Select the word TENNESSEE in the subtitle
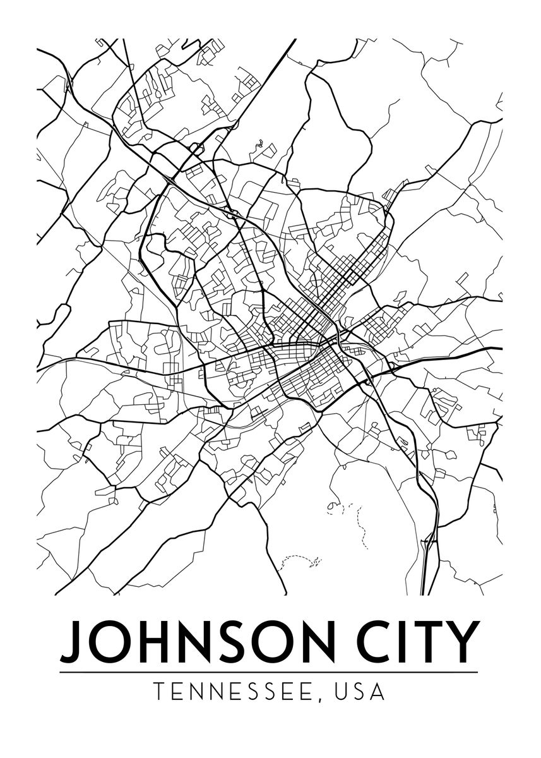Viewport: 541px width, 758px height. [237, 691]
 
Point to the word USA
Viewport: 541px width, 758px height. [360, 691]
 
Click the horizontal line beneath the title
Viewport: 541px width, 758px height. [269, 672]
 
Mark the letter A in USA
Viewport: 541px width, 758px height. [378, 691]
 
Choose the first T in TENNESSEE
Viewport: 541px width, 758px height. [160, 691]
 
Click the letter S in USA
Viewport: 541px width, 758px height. [360, 691]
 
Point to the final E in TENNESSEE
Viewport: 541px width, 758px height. [313, 691]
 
